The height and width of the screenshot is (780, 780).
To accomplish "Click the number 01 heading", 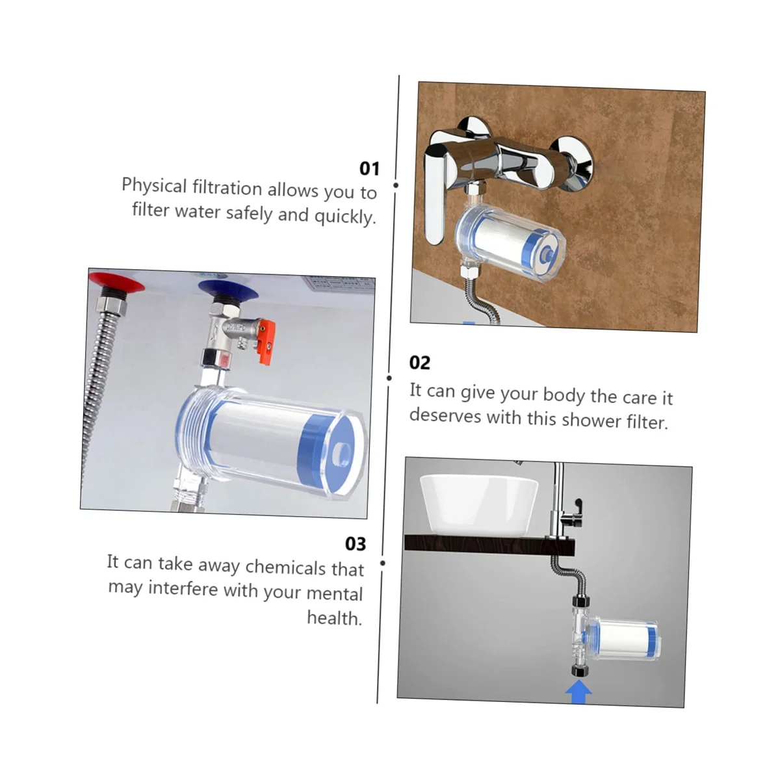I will pos(369,168).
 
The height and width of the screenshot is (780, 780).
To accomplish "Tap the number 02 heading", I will pos(420,363).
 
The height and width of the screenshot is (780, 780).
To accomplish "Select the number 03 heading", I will pos(356,543).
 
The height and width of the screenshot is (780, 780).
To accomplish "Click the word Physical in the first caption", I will pos(154,186).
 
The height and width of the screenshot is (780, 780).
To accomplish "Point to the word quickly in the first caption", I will pos(345,216).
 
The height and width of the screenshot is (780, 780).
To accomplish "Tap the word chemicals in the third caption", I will pos(286,567).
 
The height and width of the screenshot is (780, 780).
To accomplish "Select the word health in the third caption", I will pos(334,617).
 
